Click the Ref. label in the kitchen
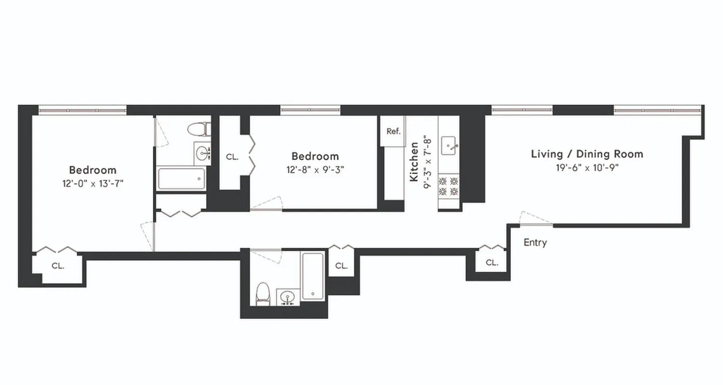(393, 131)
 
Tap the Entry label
(535, 243)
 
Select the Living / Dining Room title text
(587, 154)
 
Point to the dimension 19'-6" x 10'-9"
(587, 167)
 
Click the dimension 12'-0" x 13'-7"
(93, 183)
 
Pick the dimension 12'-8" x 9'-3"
(315, 169)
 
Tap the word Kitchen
(414, 162)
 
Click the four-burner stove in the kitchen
(448, 186)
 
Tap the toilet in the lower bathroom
(262, 293)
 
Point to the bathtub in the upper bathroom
(181, 179)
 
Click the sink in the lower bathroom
(288, 297)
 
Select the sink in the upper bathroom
(202, 154)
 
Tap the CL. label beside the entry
(492, 262)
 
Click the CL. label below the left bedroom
(58, 266)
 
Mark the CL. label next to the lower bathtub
(341, 266)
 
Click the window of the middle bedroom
(310, 111)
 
